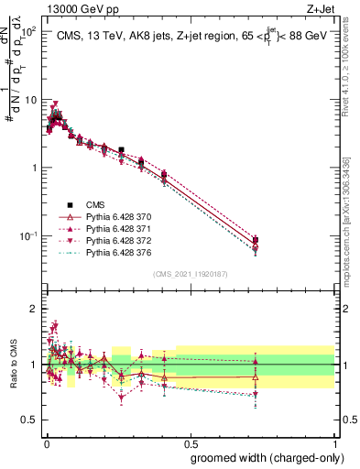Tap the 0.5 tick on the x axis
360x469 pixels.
tap(190, 439)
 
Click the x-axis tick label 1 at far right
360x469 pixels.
tap(334, 439)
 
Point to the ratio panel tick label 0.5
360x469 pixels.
tap(31, 420)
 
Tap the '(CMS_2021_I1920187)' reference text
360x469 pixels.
tap(190, 273)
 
